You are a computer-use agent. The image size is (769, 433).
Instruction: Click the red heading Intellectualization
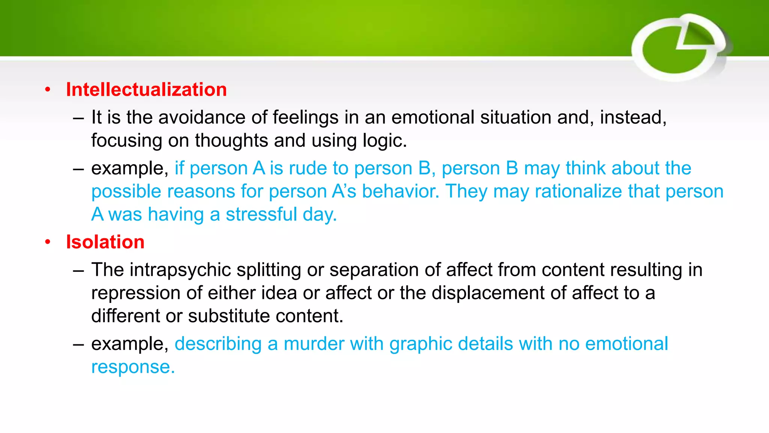tap(146, 90)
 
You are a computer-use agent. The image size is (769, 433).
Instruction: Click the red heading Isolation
tap(105, 242)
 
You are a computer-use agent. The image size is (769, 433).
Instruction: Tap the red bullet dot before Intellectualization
tap(48, 90)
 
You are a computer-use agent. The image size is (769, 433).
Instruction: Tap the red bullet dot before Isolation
tap(48, 242)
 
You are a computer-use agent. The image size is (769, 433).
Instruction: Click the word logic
tap(384, 141)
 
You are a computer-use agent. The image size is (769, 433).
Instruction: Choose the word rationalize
tap(578, 191)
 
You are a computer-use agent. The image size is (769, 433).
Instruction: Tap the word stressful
tap(261, 215)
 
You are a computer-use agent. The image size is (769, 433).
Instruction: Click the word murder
tap(314, 344)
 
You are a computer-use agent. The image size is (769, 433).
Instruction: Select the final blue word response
tap(133, 367)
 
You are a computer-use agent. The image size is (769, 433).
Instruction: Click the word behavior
tap(400, 191)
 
